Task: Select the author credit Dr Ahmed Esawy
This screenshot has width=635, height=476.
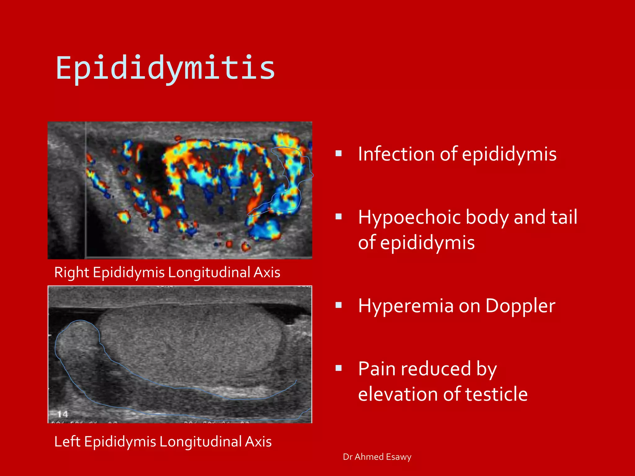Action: pos(377,457)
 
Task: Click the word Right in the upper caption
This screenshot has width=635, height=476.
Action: pos(72,273)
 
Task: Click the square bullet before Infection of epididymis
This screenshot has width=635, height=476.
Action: pos(339,153)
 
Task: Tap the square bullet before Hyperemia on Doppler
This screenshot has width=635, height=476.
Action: pos(339,306)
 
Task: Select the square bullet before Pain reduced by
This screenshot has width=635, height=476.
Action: pos(339,368)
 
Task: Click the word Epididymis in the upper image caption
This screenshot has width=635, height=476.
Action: pos(129,273)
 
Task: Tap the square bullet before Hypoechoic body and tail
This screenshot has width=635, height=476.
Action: pos(339,217)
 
